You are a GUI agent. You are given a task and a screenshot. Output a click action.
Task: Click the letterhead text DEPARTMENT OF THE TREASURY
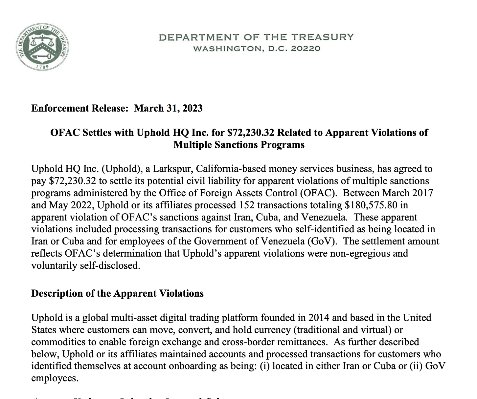click(x=256, y=37)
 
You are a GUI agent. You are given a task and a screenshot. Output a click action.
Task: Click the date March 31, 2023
click(x=168, y=108)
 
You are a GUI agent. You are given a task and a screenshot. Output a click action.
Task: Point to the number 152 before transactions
click(x=246, y=205)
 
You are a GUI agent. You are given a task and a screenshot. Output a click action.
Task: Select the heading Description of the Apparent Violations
click(x=117, y=293)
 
